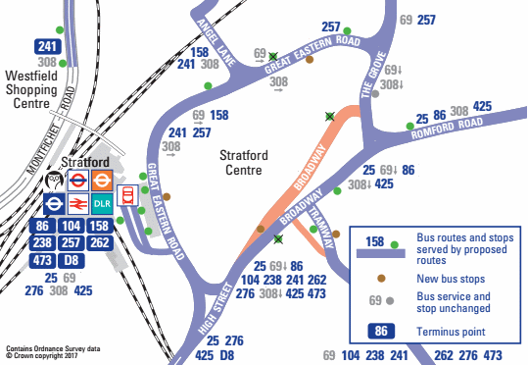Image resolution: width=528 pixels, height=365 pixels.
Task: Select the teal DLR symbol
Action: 102,204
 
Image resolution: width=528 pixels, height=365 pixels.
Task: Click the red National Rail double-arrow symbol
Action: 77,204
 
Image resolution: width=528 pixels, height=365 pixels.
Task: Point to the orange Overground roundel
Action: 102,182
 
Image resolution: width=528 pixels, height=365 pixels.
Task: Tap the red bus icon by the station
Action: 126,194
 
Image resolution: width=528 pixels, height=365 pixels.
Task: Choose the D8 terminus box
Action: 71,259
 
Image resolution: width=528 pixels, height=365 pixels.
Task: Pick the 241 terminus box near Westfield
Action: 46,46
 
